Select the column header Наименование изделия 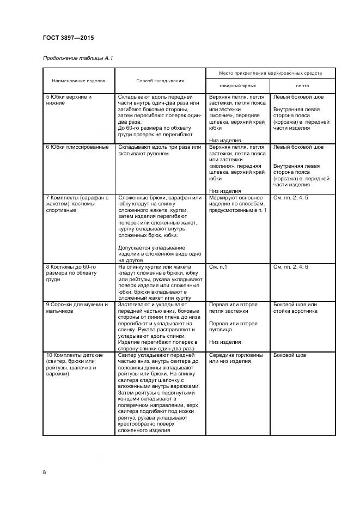pos(79,81)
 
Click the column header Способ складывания pos(160,81)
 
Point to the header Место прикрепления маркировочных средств pos(270,72)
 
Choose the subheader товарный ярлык pos(237,86)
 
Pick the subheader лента pos(302,86)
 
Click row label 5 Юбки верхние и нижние pos(69,99)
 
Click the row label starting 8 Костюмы pos(71,272)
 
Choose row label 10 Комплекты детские pos(71,365)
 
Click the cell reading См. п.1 pos(218,266)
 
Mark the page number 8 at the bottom pos(44,472)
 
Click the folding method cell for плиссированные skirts pos(160,150)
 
